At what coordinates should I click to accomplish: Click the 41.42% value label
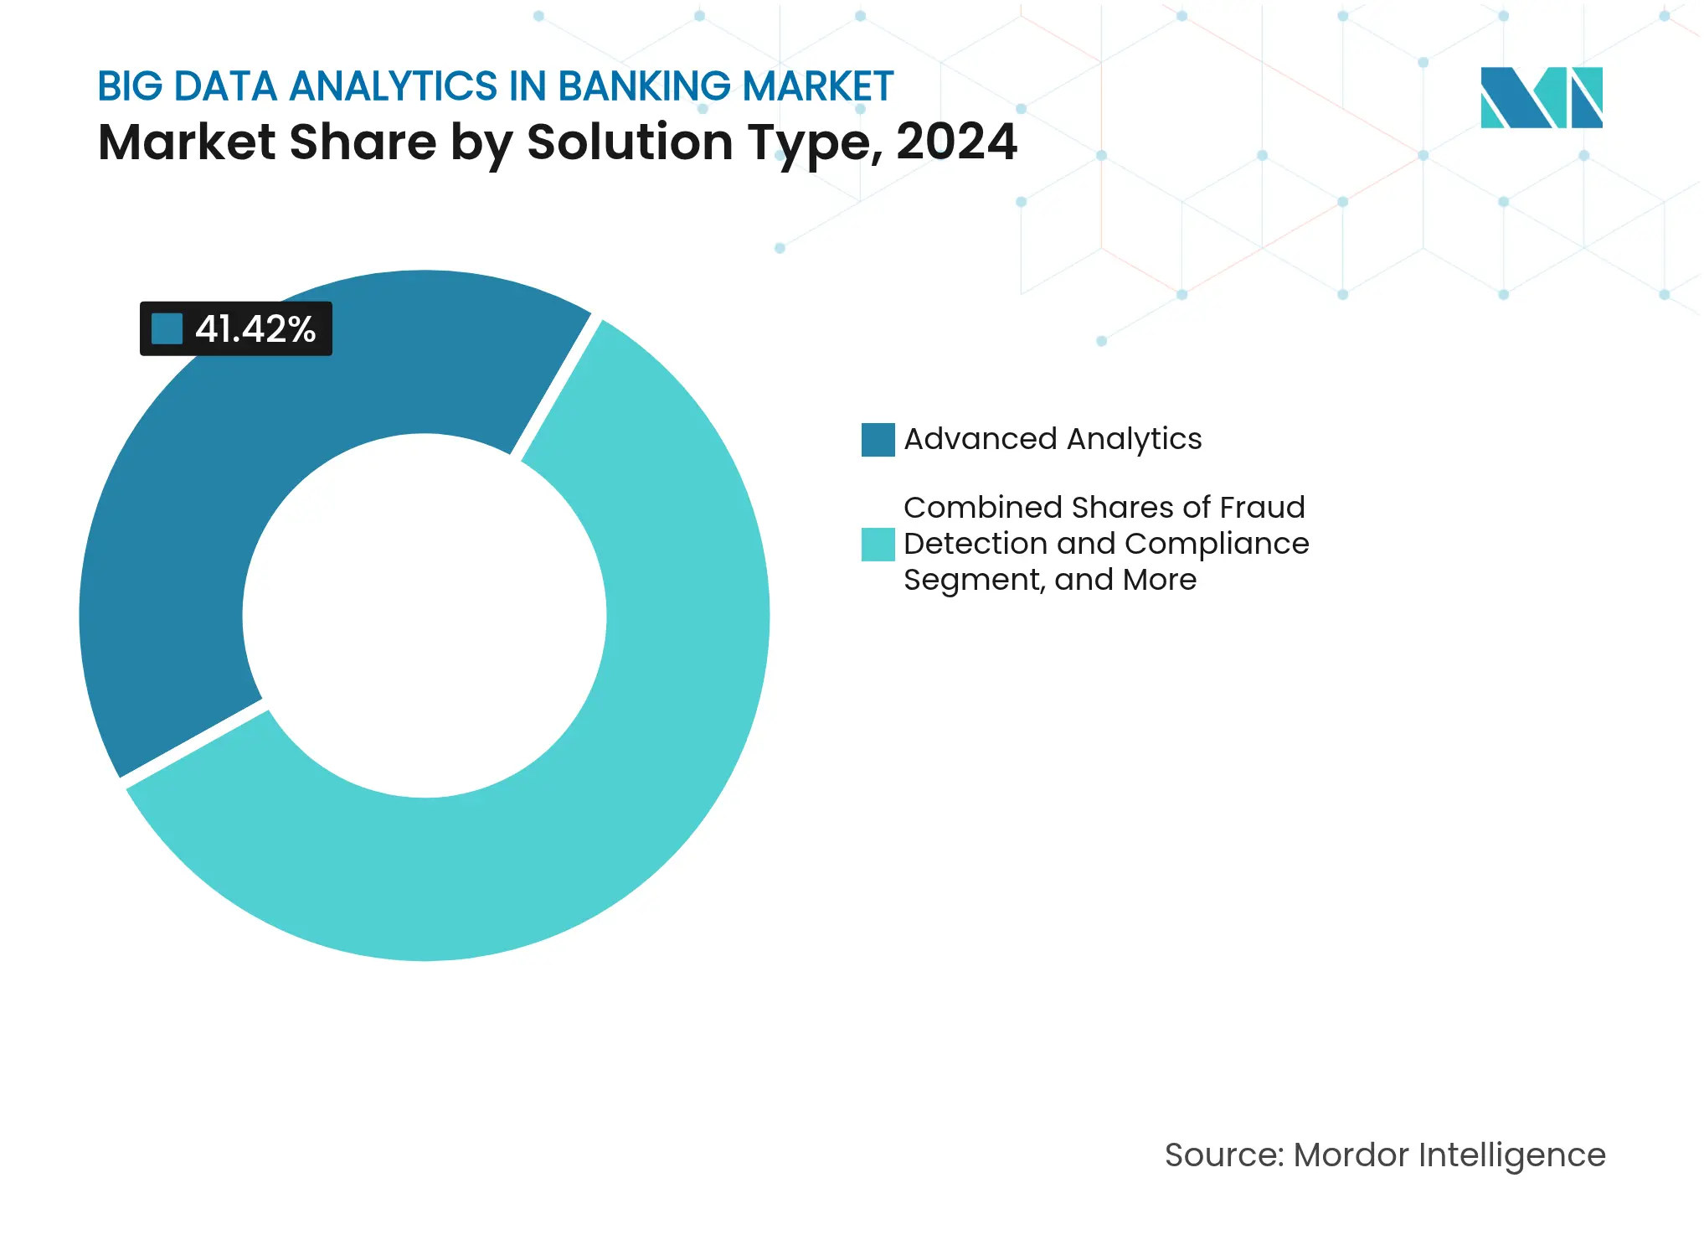tap(255, 329)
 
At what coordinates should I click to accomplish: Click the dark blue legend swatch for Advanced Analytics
tap(878, 440)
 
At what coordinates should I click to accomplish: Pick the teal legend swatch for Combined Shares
tap(878, 545)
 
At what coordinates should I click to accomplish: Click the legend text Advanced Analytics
tap(1053, 439)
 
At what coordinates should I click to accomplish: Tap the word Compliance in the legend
tap(1217, 544)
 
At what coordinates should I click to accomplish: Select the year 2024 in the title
tap(956, 142)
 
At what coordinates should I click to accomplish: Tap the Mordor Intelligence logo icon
tap(1541, 97)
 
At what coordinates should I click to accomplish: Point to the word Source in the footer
tap(1223, 1155)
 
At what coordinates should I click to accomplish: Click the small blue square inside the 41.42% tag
tap(167, 329)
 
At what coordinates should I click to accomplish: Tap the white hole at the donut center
tap(425, 616)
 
